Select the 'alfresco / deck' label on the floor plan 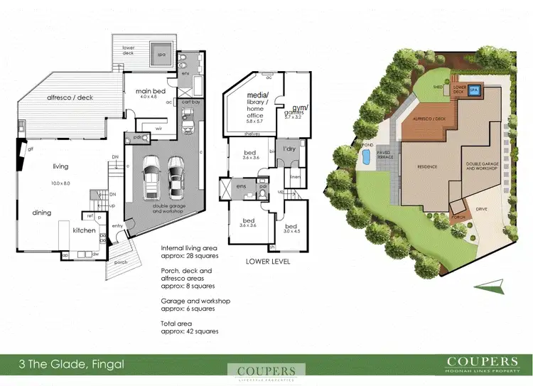(70, 98)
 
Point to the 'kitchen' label (83, 230)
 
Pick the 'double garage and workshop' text (163, 210)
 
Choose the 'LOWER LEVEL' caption (268, 262)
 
